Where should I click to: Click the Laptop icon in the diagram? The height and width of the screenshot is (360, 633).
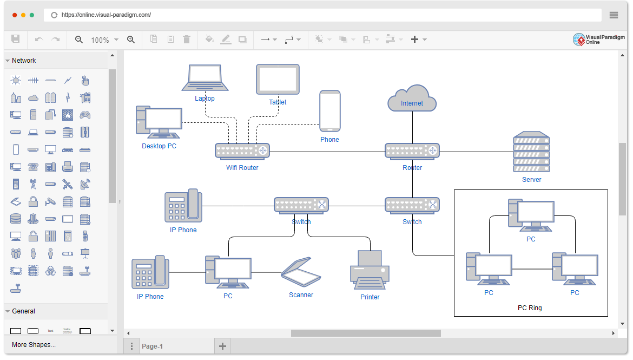pos(205,78)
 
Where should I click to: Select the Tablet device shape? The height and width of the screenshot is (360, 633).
pos(278,79)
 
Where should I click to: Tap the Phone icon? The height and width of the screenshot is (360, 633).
pos(329,111)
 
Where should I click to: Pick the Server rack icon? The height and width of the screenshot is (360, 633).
pos(531,152)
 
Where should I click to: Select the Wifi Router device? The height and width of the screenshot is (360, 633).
pos(242,151)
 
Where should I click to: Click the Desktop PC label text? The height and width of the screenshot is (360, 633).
pos(159,146)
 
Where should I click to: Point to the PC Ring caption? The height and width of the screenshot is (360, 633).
pos(530,308)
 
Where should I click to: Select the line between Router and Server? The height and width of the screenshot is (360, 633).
pos(476,152)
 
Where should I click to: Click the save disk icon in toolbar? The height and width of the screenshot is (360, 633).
pos(16,39)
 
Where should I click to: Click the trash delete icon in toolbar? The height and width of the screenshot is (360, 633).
pos(187,40)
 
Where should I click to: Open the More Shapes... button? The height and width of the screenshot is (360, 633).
pos(34,345)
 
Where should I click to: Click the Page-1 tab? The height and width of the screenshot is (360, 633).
pos(152,346)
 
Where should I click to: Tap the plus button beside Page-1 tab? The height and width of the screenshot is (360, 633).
pos(222,346)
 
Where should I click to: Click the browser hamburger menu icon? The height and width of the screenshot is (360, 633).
pos(614,15)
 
